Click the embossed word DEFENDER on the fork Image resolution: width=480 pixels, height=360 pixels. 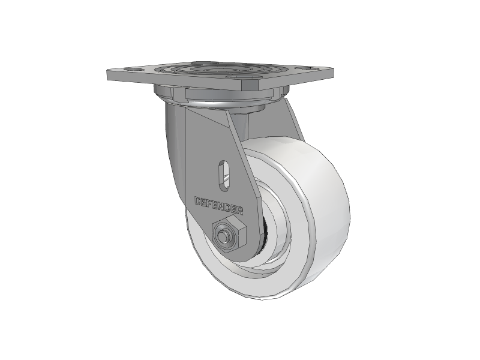click(219, 205)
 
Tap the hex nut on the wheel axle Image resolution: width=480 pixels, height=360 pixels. click(229, 234)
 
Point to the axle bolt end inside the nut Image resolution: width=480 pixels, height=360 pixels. click(223, 236)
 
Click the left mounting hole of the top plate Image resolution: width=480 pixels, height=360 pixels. click(136, 71)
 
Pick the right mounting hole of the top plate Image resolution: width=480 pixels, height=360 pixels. click(308, 69)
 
